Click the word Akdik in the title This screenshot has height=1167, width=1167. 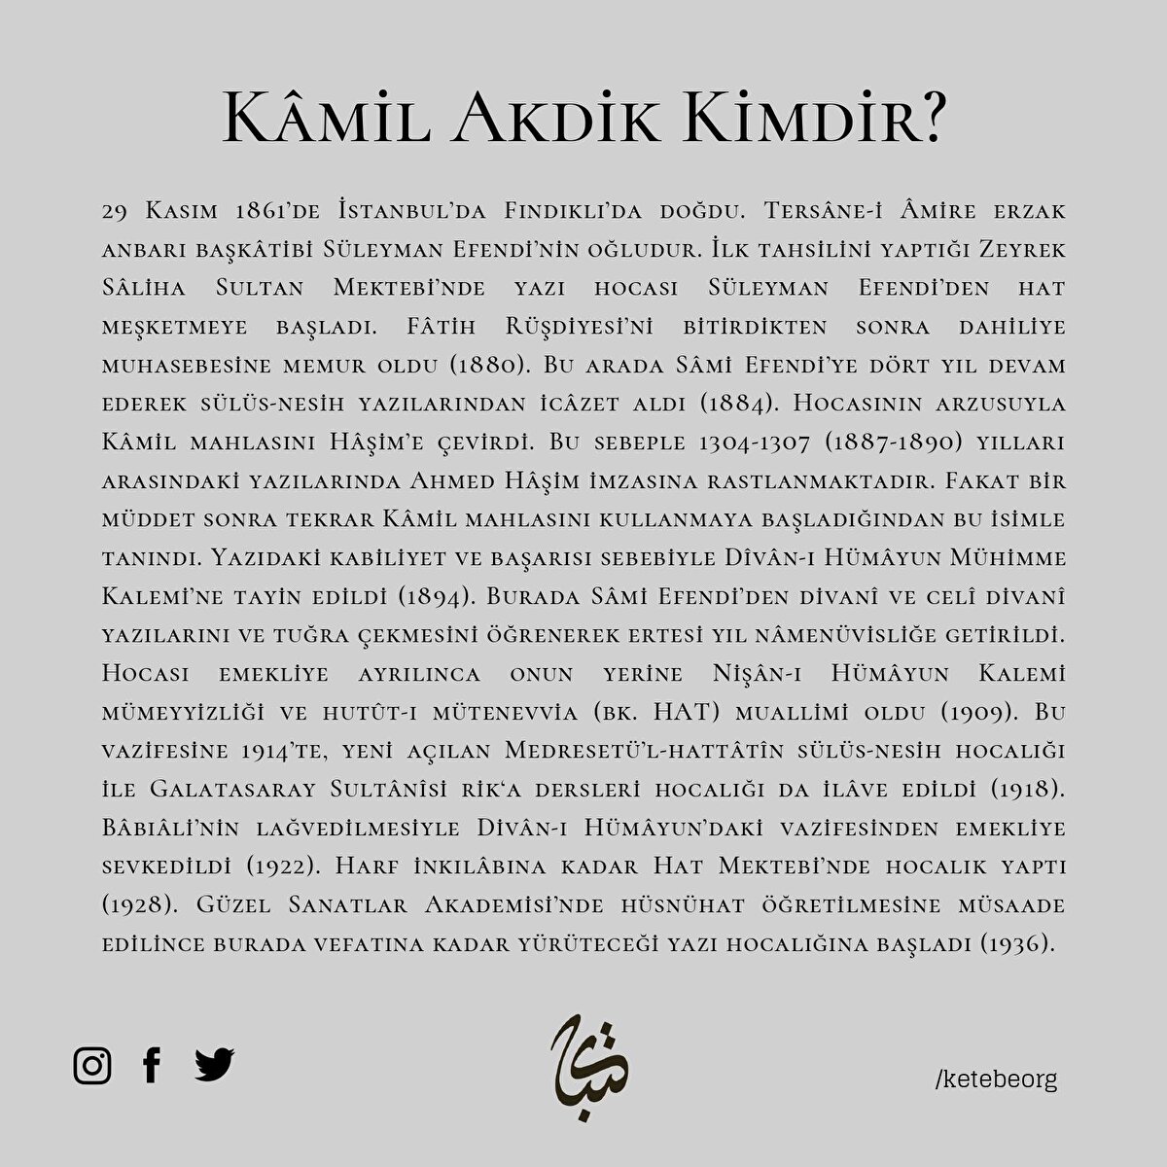(549, 122)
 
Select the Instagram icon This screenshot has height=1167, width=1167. (92, 1066)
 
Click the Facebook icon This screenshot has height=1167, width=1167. (152, 1066)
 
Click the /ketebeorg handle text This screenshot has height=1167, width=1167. (994, 1079)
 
